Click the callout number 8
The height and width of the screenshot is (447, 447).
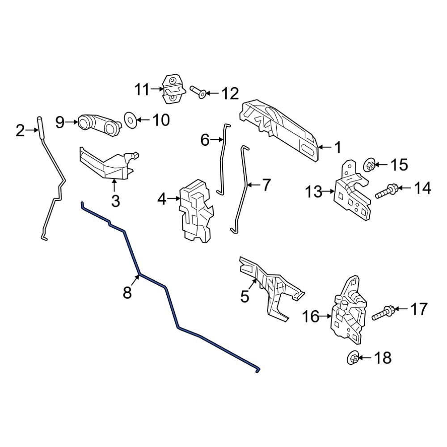coord(127,293)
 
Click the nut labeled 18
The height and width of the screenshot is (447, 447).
coord(353,358)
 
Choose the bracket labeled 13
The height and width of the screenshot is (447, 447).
coord(353,193)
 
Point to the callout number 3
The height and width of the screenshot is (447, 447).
coord(115,201)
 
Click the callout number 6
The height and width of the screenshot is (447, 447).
coord(205,140)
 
